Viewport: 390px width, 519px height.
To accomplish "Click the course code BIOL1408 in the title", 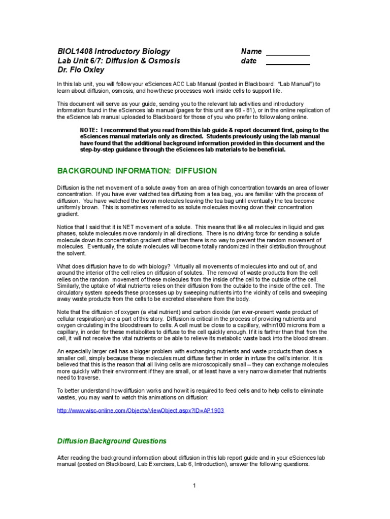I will click(74, 51).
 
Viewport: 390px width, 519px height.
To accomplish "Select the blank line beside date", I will click(287, 63).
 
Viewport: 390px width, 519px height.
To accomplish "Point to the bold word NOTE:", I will click(89, 130).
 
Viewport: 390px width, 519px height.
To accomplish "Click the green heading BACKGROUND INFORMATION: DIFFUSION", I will click(137, 171).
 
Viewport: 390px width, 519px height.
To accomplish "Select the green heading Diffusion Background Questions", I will click(111, 441).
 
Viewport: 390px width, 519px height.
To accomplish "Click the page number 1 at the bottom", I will click(194, 486).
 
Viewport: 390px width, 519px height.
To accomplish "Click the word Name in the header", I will click(251, 51).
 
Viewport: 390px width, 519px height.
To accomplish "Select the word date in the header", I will click(249, 61).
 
